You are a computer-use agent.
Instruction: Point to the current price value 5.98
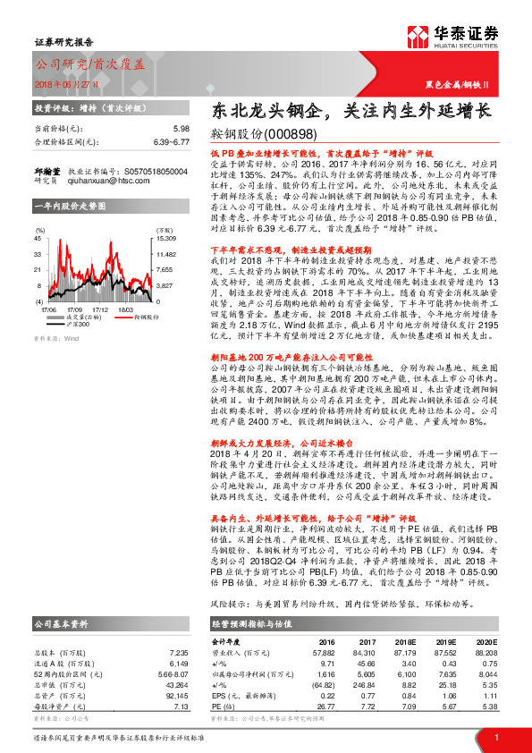click(181, 129)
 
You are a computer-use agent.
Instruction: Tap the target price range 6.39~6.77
click(170, 141)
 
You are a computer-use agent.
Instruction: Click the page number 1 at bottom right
click(494, 737)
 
